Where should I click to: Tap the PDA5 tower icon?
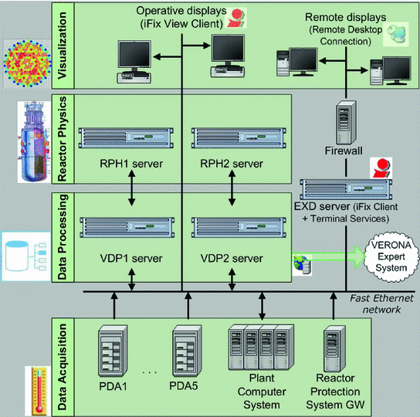(184, 351)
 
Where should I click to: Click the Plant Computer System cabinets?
(262, 350)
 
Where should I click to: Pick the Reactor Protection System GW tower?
(333, 352)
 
